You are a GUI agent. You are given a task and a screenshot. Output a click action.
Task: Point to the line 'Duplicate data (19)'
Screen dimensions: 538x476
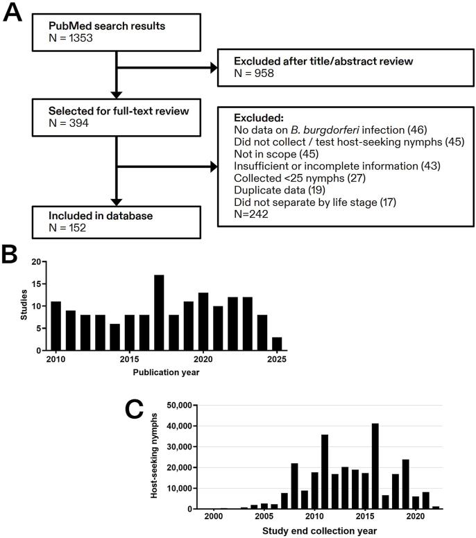(x=271, y=189)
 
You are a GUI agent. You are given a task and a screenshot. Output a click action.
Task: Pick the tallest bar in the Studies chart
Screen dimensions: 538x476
(x=159, y=313)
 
